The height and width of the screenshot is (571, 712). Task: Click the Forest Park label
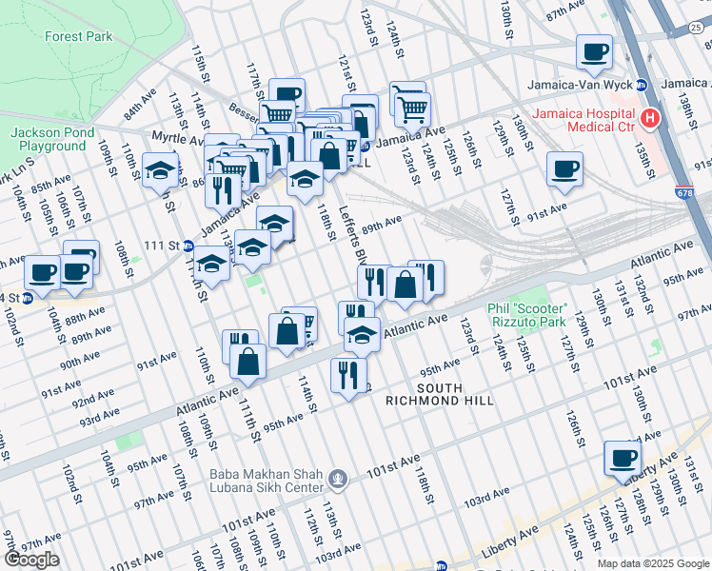click(x=78, y=37)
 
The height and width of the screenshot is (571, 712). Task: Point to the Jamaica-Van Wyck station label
click(x=582, y=85)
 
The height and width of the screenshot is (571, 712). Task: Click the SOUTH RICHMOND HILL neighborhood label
click(x=439, y=394)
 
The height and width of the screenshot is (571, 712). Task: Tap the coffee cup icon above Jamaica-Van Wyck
click(x=596, y=51)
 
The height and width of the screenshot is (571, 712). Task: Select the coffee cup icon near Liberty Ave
click(x=623, y=458)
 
